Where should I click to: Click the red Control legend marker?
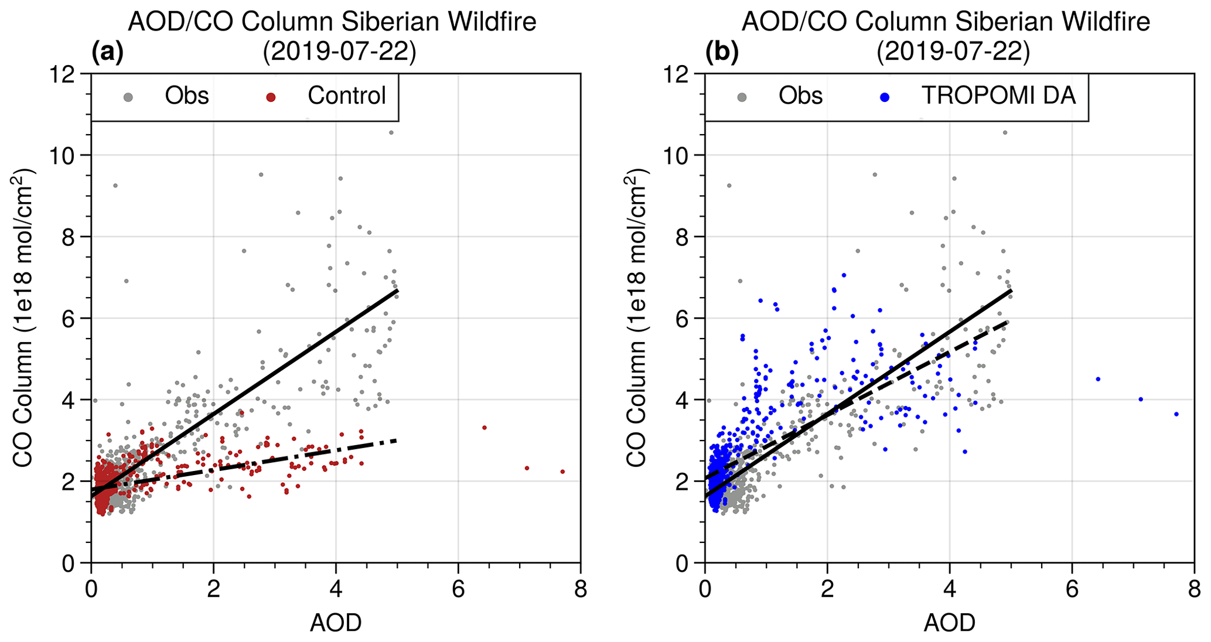pyautogui.click(x=271, y=97)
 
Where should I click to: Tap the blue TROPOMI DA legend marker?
pyautogui.click(x=885, y=97)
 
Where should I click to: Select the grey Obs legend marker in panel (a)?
pyautogui.click(x=128, y=97)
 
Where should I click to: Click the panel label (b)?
pyautogui.click(x=722, y=53)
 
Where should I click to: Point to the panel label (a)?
pyautogui.click(x=108, y=53)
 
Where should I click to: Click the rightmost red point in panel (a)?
pyautogui.click(x=562, y=472)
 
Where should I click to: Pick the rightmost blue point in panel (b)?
pyautogui.click(x=1176, y=414)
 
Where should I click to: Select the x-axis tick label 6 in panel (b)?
pyautogui.click(x=1072, y=589)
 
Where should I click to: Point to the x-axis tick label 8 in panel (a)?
pyautogui.click(x=581, y=589)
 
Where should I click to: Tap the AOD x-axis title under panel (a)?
pyautogui.click(x=336, y=623)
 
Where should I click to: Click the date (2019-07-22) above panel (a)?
pyautogui.click(x=339, y=53)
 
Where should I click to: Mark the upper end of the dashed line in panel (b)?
pyautogui.click(x=1008, y=321)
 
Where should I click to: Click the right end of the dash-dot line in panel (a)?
pyautogui.click(x=397, y=439)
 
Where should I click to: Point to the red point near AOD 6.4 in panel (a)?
pyautogui.click(x=485, y=428)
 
